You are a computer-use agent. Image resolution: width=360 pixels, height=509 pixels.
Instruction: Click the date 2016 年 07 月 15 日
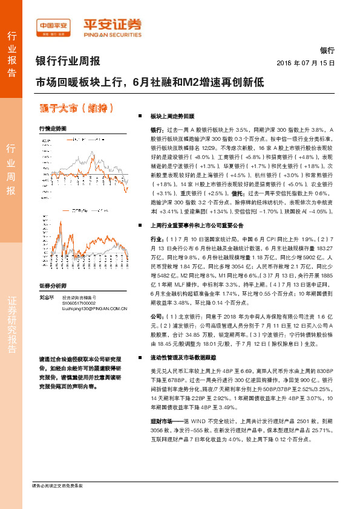pyautogui.click(x=305, y=62)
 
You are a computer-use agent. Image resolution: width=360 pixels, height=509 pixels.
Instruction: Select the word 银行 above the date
pyautogui.click(x=327, y=51)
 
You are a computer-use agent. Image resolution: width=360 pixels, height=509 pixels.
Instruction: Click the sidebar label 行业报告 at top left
pyautogui.click(x=11, y=54)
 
